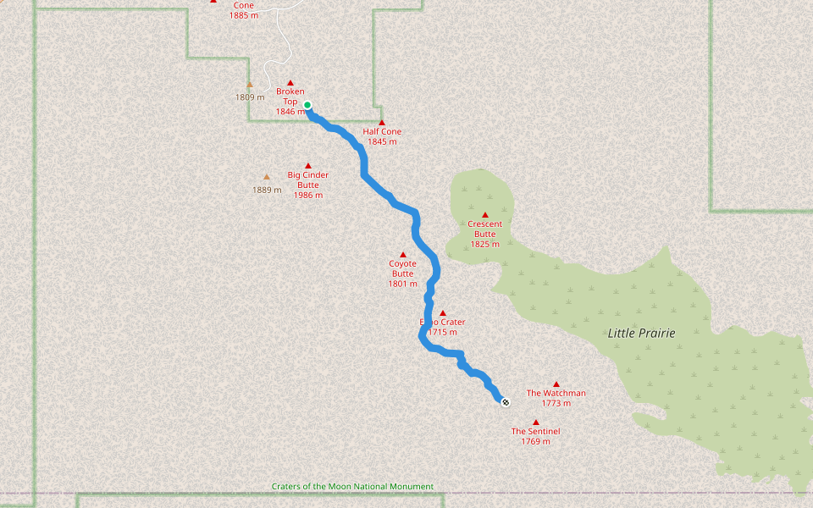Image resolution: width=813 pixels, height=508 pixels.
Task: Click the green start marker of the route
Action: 307,105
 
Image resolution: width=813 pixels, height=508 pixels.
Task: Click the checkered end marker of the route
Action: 506,402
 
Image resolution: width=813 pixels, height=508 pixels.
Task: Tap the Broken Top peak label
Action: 290,97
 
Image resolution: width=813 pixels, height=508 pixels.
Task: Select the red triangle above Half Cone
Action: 382,123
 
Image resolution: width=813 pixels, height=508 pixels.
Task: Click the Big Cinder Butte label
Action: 307,179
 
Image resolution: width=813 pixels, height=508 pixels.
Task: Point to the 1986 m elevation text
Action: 307,196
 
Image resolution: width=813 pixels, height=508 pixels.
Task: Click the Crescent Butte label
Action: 484,229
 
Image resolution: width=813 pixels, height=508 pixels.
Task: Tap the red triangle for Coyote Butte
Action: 403,255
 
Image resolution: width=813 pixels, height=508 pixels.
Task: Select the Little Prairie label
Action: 641,334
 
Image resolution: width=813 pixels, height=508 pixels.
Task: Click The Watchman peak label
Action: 556,393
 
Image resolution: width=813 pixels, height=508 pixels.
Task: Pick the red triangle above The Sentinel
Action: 535,422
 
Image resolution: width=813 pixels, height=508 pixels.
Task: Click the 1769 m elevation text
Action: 535,442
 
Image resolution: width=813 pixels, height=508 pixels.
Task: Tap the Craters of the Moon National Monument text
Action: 352,487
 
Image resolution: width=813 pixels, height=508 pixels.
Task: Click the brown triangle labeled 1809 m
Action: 250,85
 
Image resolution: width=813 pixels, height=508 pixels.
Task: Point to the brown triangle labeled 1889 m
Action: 267,177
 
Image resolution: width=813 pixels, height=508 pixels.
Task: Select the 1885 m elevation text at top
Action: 244,15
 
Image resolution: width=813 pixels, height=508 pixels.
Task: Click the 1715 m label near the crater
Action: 442,333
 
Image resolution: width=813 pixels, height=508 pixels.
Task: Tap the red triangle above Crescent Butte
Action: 485,215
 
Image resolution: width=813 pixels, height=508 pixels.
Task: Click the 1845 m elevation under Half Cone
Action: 382,142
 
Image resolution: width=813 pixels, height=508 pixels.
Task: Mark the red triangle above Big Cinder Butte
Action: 307,166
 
